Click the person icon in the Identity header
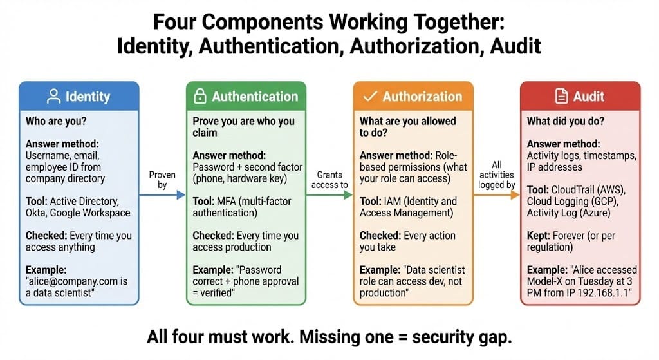[x=54, y=97]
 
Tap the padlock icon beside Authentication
[x=200, y=97]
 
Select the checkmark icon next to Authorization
[x=369, y=97]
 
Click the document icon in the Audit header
[x=561, y=97]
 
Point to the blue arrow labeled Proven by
[x=163, y=194]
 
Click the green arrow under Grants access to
[x=330, y=194]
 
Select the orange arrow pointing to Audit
[x=497, y=194]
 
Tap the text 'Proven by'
[x=162, y=180]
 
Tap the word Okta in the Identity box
[x=37, y=213]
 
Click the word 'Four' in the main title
[x=172, y=22]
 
